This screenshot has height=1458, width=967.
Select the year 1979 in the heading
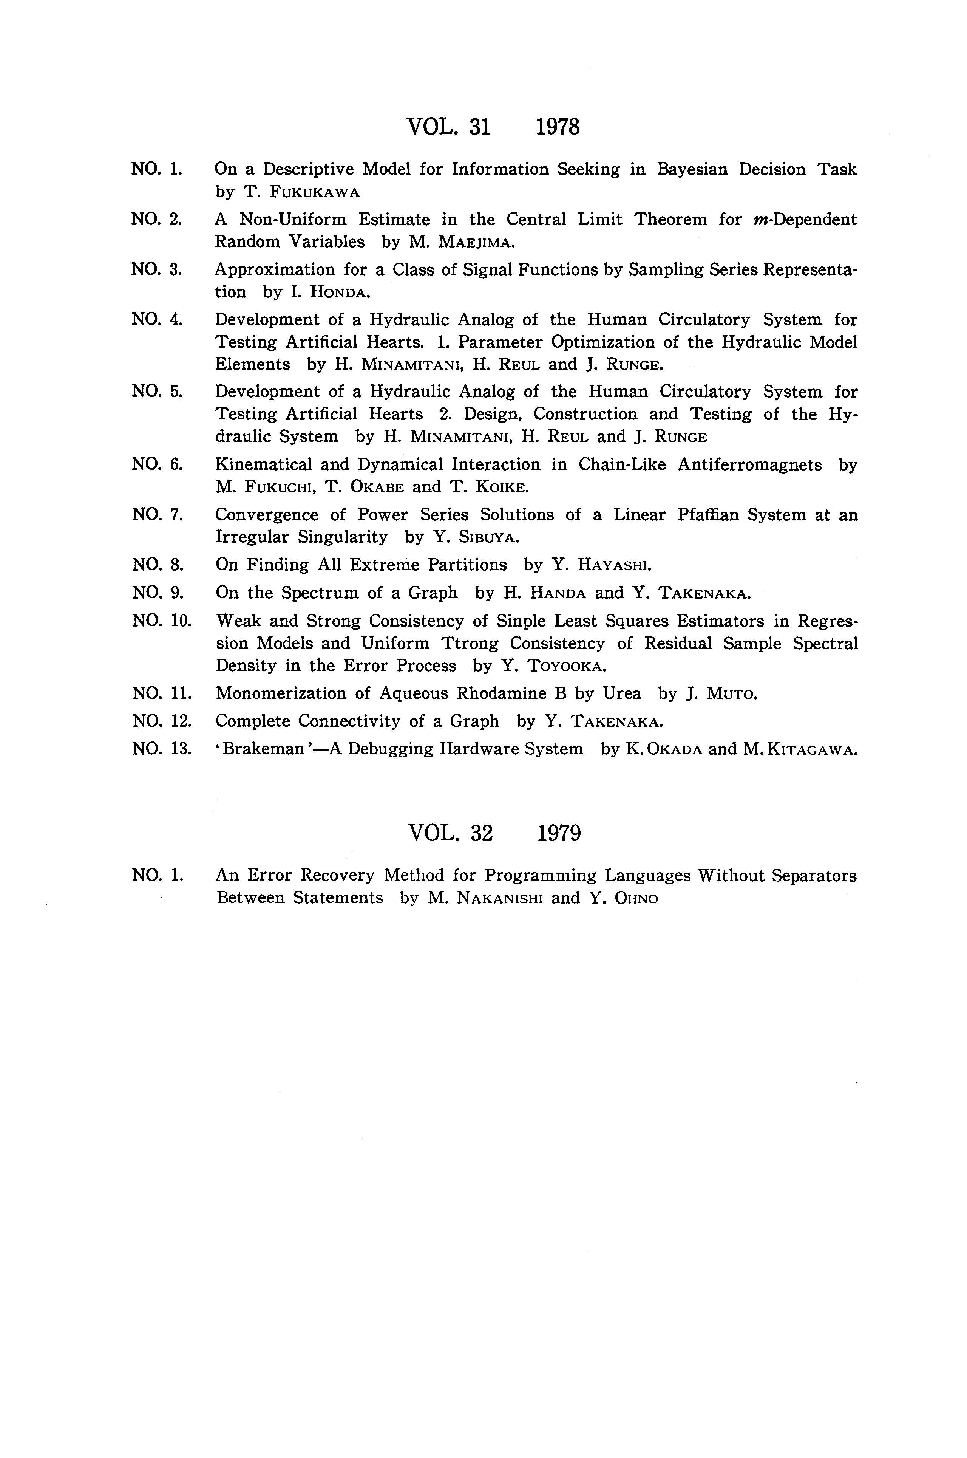point(559,834)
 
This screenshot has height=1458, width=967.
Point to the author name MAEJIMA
point(476,242)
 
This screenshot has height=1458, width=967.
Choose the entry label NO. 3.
point(157,269)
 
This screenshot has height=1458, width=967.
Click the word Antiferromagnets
point(749,464)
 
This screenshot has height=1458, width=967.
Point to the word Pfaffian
point(707,515)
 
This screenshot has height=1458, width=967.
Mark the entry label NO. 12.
point(162,721)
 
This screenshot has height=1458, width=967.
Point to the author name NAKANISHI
point(499,898)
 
